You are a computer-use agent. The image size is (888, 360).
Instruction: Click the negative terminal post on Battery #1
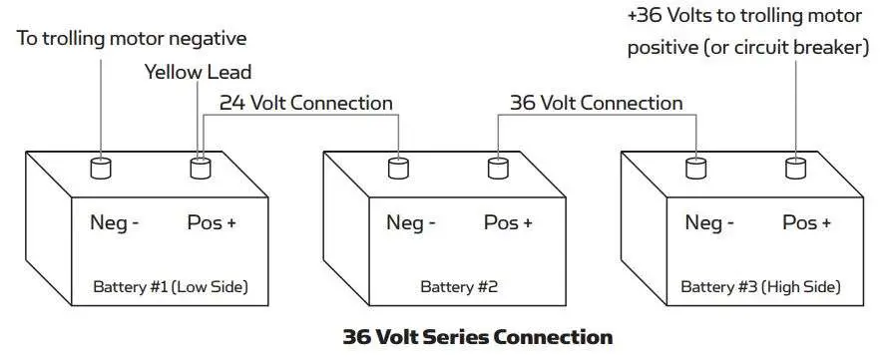click(x=101, y=168)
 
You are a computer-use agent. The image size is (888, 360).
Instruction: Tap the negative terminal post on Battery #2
click(x=399, y=168)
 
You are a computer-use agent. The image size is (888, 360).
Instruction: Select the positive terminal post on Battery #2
click(x=498, y=168)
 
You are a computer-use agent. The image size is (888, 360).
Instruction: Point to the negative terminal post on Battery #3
click(x=696, y=168)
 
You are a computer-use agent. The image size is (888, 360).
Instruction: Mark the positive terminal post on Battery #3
click(x=795, y=168)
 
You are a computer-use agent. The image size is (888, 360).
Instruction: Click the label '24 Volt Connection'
click(x=306, y=103)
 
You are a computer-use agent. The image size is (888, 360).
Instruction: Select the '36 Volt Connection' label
click(x=597, y=103)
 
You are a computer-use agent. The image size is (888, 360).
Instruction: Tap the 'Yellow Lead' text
click(x=199, y=72)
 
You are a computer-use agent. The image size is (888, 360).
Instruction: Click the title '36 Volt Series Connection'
click(x=477, y=336)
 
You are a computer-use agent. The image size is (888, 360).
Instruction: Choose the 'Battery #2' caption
click(x=459, y=287)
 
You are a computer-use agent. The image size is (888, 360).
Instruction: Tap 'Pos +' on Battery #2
click(x=508, y=222)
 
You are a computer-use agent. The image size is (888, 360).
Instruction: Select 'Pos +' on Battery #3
click(x=806, y=222)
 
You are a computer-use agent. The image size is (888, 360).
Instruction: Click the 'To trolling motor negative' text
click(x=132, y=39)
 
